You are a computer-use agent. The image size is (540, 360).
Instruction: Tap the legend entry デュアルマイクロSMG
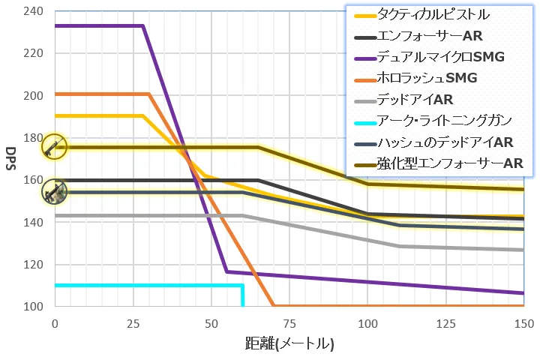tap(440, 56)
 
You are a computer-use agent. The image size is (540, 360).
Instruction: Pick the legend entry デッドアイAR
tap(415, 99)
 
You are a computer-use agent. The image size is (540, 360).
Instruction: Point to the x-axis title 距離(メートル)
tap(289, 343)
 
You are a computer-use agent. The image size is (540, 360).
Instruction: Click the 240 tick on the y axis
tap(34, 11)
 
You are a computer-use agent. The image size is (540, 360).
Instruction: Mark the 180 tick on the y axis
tap(34, 138)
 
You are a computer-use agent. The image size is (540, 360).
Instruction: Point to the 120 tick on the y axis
tap(34, 265)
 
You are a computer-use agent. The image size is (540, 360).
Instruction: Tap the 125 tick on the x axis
tap(445, 322)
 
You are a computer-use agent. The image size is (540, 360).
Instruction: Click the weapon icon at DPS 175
tap(54, 147)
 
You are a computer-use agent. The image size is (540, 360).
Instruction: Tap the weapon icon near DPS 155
tap(54, 192)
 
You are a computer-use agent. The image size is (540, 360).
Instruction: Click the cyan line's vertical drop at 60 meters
tap(242, 295)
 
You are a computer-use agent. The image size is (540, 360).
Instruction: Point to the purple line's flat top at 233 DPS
tap(97, 26)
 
